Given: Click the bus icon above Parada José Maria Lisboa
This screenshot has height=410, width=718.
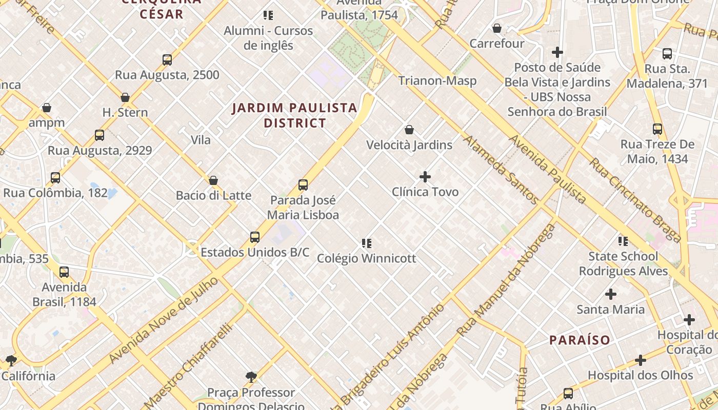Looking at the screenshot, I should click(303, 185).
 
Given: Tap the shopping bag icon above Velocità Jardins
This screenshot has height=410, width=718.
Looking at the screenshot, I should click(409, 130).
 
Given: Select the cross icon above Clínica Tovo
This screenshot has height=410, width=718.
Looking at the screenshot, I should click(425, 177).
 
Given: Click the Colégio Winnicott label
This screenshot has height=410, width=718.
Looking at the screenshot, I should click(366, 258).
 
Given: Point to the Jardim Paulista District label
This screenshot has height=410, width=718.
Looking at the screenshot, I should click(295, 115).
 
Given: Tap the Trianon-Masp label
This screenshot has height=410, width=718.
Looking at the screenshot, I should click(437, 80).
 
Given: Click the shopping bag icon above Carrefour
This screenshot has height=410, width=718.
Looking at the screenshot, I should click(497, 28).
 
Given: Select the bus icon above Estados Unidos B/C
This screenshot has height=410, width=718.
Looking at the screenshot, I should click(255, 237).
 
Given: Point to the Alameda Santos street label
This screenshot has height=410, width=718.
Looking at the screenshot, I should click(501, 170).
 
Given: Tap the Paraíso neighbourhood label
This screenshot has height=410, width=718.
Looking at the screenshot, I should click(580, 340).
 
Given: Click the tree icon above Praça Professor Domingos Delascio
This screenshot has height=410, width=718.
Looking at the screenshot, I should click(251, 378).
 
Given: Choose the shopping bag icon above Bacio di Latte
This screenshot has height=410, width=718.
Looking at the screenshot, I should click(213, 180).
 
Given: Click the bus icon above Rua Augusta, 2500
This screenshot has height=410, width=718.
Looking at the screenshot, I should click(167, 60).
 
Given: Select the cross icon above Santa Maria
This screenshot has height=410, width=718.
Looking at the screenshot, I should click(611, 294).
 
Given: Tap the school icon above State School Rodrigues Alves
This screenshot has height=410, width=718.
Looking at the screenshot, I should click(623, 241).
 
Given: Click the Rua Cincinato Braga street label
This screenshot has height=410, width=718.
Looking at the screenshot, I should click(635, 200).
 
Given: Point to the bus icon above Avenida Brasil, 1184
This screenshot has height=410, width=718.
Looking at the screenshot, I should click(64, 272).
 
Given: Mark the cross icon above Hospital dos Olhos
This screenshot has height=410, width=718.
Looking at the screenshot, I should click(641, 360).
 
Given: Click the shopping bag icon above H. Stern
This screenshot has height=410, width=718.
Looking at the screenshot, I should click(125, 97).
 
